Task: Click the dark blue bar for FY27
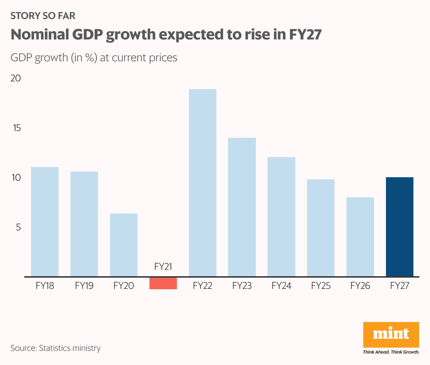400,227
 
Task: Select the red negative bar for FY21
163,283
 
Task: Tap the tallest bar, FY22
203,183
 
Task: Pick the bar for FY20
124,245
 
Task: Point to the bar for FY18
45,222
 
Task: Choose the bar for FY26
360,237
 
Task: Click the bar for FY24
281,217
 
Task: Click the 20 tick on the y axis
16,78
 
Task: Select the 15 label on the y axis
17,128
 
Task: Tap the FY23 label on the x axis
242,286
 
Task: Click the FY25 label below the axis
321,286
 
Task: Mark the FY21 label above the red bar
163,267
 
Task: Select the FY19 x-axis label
84,286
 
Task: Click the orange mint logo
391,334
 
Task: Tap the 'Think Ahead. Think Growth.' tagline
391,352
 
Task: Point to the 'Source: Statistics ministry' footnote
56,348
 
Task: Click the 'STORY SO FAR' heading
43,16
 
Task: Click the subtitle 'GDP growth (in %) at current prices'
94,57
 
